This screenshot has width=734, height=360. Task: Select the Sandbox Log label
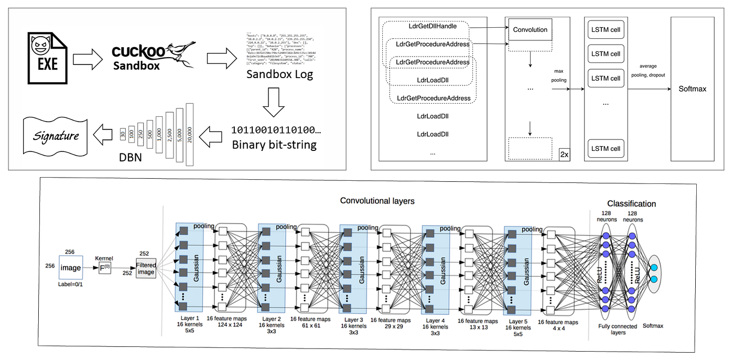tap(279, 74)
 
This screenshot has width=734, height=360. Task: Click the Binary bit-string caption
tap(274, 145)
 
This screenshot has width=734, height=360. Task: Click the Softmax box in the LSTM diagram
tap(692, 89)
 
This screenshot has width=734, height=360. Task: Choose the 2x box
tap(565, 154)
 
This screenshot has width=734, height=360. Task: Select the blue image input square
tap(70, 268)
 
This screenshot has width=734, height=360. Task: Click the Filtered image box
tap(146, 268)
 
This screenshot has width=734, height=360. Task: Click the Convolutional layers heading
tap(377, 201)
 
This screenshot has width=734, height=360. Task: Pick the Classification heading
tap(631, 203)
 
